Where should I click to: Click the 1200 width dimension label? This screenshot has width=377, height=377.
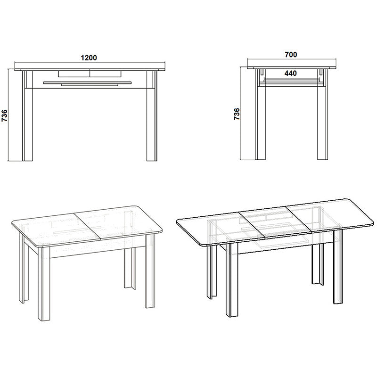coord(89,58)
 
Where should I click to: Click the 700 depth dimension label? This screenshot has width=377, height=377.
coord(291,55)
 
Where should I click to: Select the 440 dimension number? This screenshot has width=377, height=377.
coord(290,73)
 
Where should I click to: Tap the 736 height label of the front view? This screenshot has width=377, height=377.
coord(5,115)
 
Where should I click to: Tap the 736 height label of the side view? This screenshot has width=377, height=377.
coord(237,115)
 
